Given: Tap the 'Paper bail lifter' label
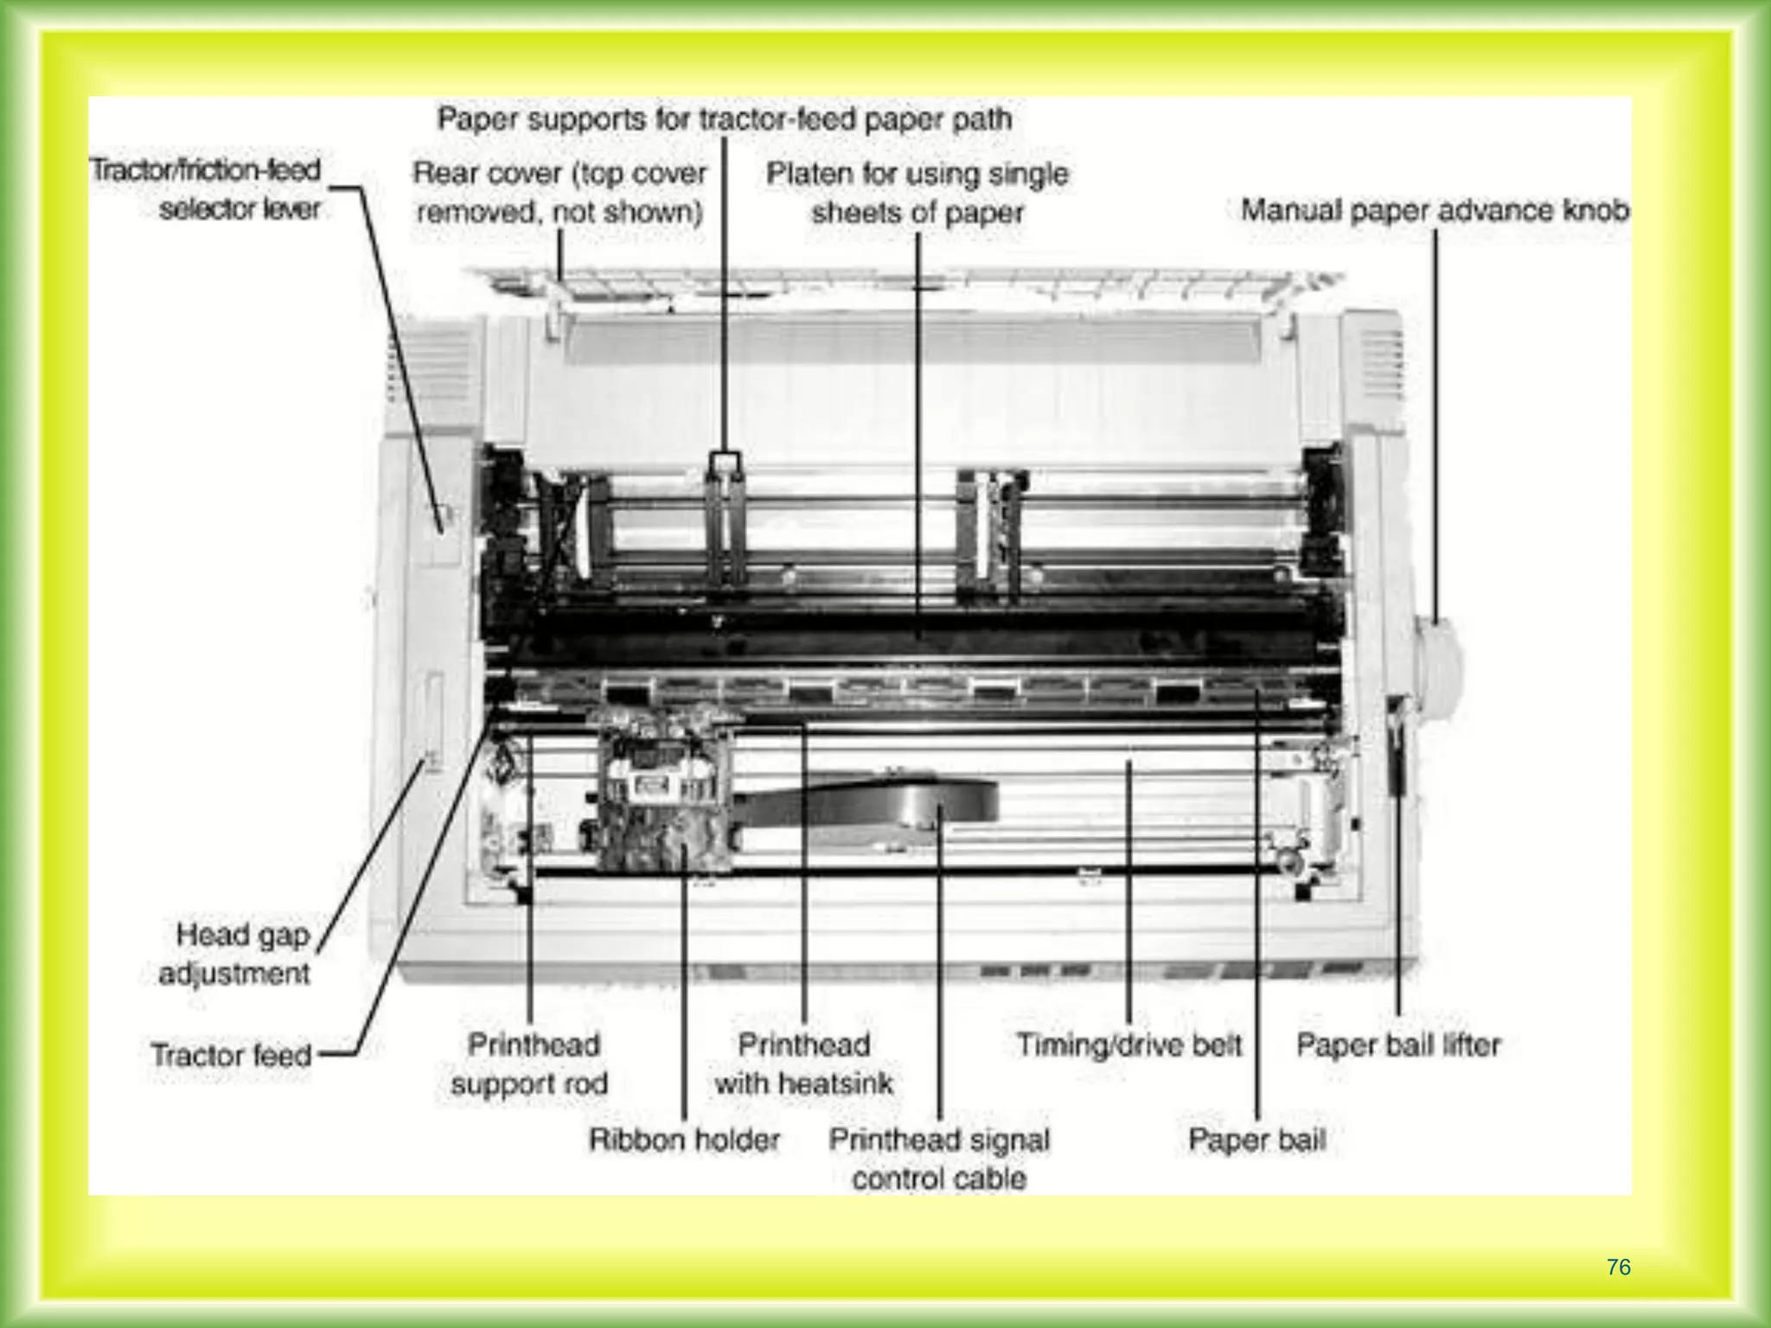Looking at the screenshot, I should (1397, 1045).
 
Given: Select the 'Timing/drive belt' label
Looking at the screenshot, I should (1128, 1045).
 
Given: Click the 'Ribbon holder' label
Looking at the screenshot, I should (684, 1140).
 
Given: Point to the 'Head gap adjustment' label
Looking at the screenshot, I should (235, 954).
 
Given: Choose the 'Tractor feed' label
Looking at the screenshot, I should (231, 1055).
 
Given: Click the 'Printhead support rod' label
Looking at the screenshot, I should (530, 1064).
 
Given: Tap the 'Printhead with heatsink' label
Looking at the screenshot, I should (803, 1064).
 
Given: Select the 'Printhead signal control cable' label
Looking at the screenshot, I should (939, 1159).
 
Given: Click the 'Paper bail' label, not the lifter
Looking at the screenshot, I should (1256, 1140).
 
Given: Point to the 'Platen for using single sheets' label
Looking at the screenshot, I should (917, 193).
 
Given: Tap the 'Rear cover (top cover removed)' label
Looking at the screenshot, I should (559, 192).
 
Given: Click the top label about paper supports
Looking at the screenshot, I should (725, 118).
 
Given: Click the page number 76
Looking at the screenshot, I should (1618, 1267).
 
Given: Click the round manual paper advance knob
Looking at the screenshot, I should (1436, 667).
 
